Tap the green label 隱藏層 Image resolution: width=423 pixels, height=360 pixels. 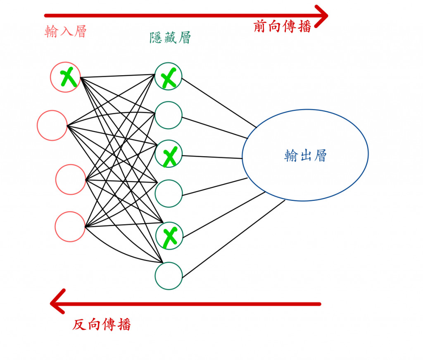pyautogui.click(x=170, y=38)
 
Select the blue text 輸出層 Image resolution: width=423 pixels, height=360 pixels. pyautogui.click(x=305, y=155)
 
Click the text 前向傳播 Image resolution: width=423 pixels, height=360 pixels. pyautogui.click(x=282, y=27)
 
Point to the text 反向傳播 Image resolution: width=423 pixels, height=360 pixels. pyautogui.click(x=102, y=325)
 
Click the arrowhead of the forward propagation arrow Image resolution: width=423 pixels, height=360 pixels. pyautogui.click(x=321, y=16)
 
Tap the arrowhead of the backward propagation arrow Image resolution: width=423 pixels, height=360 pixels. pyautogui.click(x=57, y=304)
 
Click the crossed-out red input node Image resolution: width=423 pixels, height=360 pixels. pyautogui.click(x=65, y=77)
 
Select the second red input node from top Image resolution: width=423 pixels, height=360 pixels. pyautogui.click(x=52, y=125)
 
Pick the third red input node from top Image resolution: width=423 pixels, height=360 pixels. pyautogui.click(x=71, y=179)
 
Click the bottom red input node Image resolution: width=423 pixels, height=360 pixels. pyautogui.click(x=70, y=226)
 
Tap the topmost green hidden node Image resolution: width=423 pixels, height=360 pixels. pyautogui.click(x=169, y=76)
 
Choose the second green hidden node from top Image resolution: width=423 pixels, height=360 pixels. pyautogui.click(x=169, y=115)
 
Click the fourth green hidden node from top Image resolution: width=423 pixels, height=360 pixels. pyautogui.click(x=169, y=193)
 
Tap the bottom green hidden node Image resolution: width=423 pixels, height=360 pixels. pyautogui.click(x=169, y=276)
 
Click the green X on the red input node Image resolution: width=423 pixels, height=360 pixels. pyautogui.click(x=68, y=78)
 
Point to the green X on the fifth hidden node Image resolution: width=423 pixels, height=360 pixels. pyautogui.click(x=169, y=237)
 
